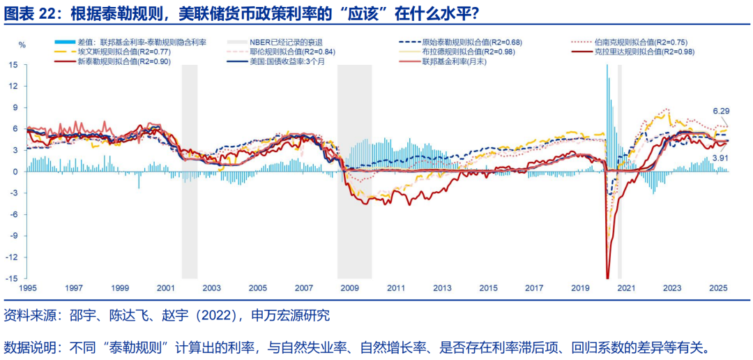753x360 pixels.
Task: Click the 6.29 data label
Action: click(x=720, y=111)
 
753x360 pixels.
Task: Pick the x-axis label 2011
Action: click(x=396, y=287)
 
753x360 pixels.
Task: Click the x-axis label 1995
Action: click(x=28, y=287)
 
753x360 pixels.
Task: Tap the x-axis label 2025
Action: click(x=718, y=287)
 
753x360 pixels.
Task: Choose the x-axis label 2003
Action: click(x=212, y=287)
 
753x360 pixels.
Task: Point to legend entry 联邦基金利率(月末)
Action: click(x=454, y=62)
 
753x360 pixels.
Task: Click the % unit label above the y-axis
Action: click(x=22, y=45)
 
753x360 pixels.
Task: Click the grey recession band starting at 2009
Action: click(x=354, y=172)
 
